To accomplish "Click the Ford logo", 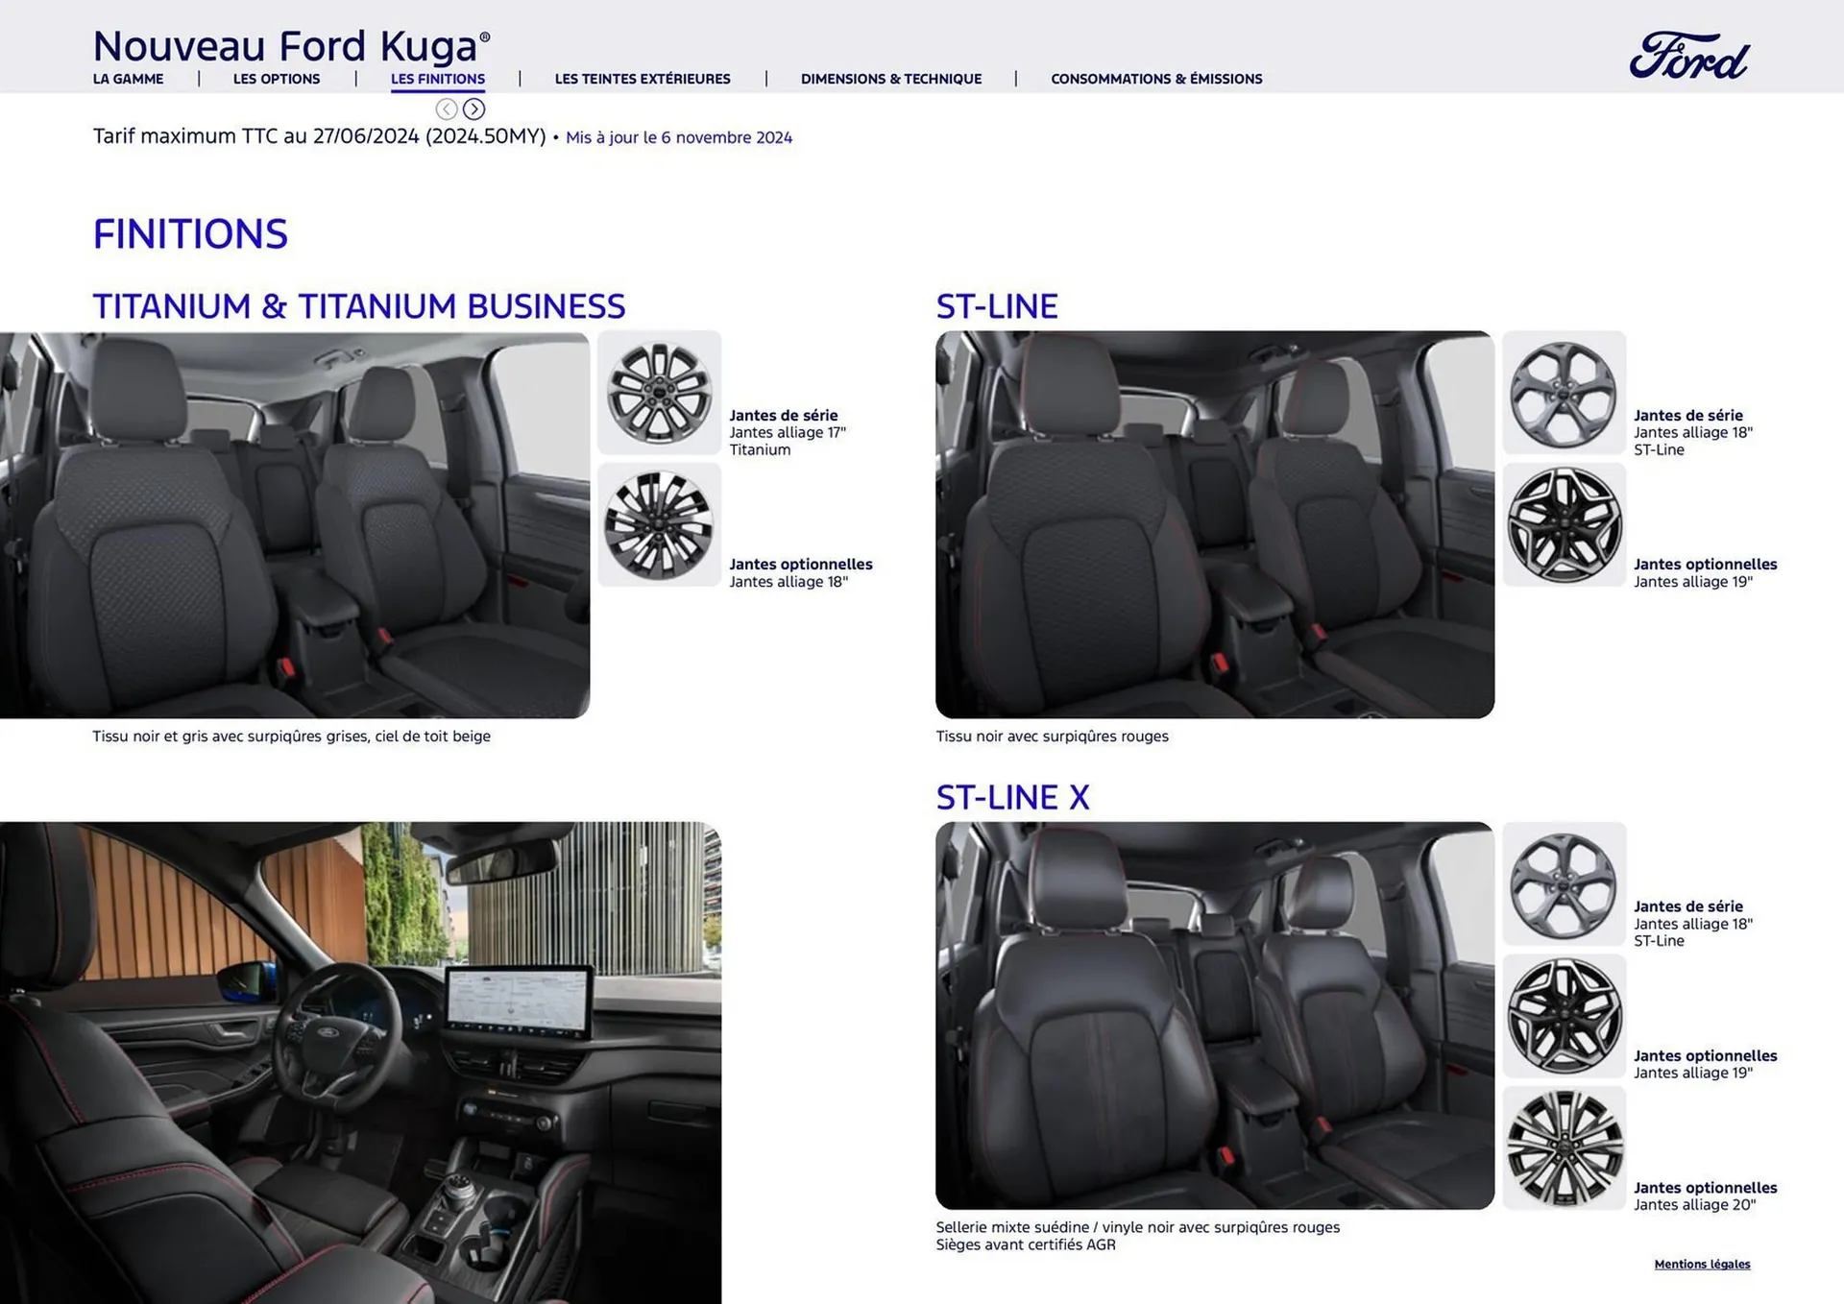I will pyautogui.click(x=1688, y=56).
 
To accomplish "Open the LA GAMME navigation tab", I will pyautogui.click(x=128, y=79).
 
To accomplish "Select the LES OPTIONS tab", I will pyautogui.click(x=277, y=79).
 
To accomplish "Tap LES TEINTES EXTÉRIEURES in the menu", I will pyautogui.click(x=643, y=79).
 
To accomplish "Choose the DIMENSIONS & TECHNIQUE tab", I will pyautogui.click(x=890, y=79).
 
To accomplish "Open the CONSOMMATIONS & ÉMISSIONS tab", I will pyautogui.click(x=1156, y=79).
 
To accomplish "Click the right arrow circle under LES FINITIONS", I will pyautogui.click(x=473, y=109).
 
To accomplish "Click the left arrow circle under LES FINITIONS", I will pyautogui.click(x=447, y=109).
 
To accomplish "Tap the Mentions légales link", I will pyautogui.click(x=1702, y=1264).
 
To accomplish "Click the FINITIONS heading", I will pyautogui.click(x=190, y=234).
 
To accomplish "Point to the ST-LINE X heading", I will pyautogui.click(x=1012, y=797).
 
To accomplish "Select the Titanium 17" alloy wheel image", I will pyautogui.click(x=659, y=393).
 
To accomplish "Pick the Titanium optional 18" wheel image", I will pyautogui.click(x=659, y=525).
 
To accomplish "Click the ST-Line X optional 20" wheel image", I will pyautogui.click(x=1564, y=1148).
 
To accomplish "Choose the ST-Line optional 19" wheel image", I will pyautogui.click(x=1564, y=525).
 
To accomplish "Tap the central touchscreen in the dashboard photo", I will pyautogui.click(x=519, y=1001).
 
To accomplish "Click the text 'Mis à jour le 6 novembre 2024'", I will pyautogui.click(x=679, y=137).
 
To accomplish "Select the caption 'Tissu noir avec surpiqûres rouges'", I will pyautogui.click(x=1052, y=737).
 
